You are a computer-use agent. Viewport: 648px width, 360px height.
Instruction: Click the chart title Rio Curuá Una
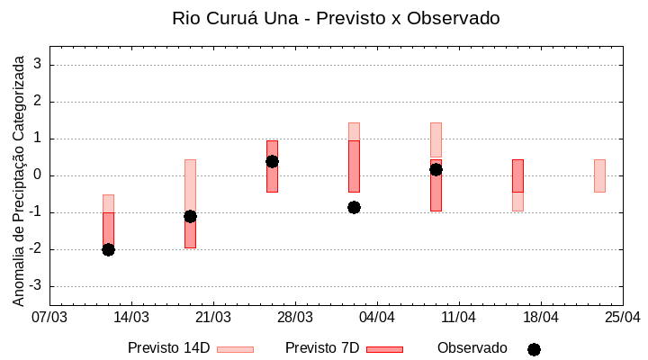[x=336, y=18]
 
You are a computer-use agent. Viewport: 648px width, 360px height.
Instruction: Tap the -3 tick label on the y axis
[x=36, y=286]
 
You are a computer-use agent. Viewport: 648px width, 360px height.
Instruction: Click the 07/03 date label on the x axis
[x=49, y=317]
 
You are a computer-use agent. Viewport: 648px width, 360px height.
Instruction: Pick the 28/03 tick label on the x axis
[x=295, y=317]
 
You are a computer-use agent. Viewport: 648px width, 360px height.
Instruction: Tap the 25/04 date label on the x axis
[x=623, y=317]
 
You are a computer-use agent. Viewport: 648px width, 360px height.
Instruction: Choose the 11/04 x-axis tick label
[x=459, y=317]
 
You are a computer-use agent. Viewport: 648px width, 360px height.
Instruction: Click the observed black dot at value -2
[x=108, y=249]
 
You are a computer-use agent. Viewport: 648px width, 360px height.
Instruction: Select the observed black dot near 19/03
[x=190, y=216]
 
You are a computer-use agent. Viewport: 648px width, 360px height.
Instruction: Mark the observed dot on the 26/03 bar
[x=272, y=161]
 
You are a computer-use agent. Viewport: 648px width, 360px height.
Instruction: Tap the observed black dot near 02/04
[x=354, y=207]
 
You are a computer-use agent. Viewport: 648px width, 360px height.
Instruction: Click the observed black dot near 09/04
[x=436, y=169]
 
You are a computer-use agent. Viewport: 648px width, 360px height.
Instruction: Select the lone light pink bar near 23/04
[x=599, y=175]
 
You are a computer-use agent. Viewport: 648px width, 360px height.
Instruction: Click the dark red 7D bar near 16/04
[x=517, y=175]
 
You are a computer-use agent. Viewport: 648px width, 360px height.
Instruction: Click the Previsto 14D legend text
[x=168, y=348]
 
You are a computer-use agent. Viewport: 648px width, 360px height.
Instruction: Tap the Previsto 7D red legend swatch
[x=384, y=349]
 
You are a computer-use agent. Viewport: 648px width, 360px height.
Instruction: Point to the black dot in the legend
[x=534, y=349]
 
